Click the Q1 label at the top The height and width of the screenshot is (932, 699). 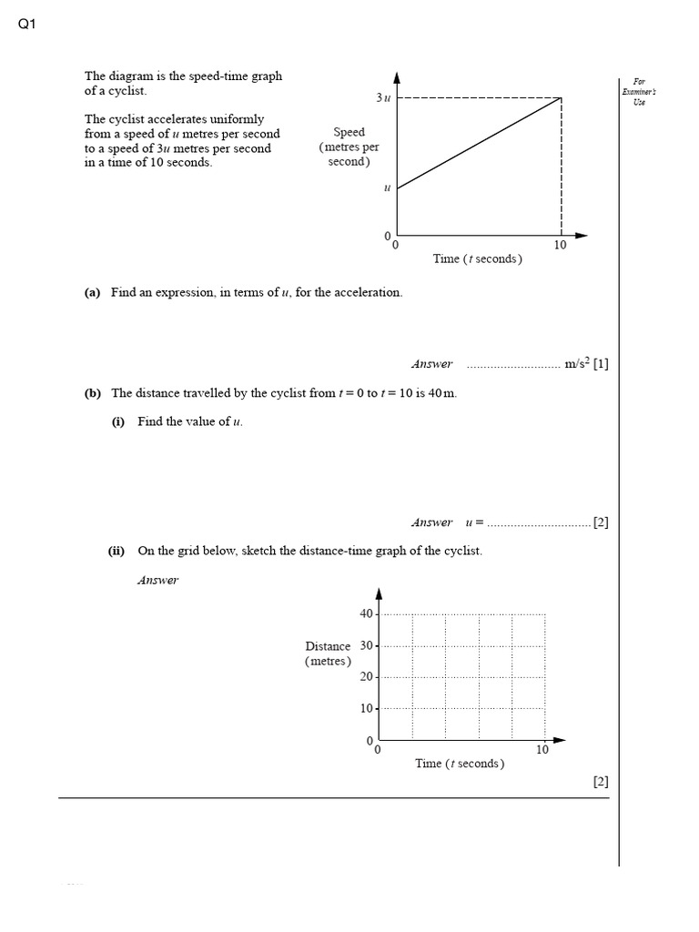click(x=25, y=25)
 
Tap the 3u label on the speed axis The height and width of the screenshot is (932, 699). click(x=382, y=97)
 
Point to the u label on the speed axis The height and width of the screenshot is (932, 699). click(x=387, y=188)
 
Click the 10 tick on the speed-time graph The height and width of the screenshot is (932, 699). click(x=561, y=245)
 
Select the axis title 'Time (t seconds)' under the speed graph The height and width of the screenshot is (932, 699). click(x=477, y=258)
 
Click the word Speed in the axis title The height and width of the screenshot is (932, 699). click(x=349, y=132)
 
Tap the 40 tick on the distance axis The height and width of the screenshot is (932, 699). click(x=367, y=613)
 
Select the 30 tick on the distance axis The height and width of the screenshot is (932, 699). click(x=367, y=645)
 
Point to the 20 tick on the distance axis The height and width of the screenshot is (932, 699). click(x=367, y=677)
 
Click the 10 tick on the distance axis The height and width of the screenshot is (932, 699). click(x=367, y=708)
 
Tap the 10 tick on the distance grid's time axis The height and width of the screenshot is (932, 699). click(x=542, y=750)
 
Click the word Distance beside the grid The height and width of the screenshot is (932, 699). click(x=328, y=646)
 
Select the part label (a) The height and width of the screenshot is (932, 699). click(x=92, y=292)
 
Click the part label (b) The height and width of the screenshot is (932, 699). click(x=92, y=393)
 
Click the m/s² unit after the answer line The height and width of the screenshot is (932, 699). click(x=577, y=364)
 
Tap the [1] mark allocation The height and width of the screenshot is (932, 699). click(x=601, y=364)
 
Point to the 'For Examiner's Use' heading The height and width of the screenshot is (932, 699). click(x=638, y=91)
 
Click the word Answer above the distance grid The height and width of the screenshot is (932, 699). click(x=157, y=580)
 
